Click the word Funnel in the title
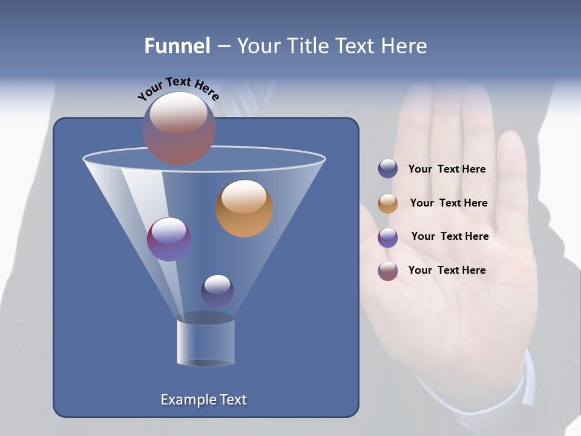(177, 46)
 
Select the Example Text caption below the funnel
(203, 400)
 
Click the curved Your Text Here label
(178, 88)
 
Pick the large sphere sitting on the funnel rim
(179, 128)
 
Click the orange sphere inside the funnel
(245, 208)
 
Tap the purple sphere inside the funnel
(169, 239)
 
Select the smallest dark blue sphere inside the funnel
(217, 291)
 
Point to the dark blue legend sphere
(388, 168)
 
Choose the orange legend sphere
(388, 203)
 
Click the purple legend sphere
(388, 237)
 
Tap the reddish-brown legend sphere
(388, 271)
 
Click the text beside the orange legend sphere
(448, 203)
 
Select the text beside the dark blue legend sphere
(447, 169)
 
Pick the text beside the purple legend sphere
(450, 236)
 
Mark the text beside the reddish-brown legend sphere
(447, 270)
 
